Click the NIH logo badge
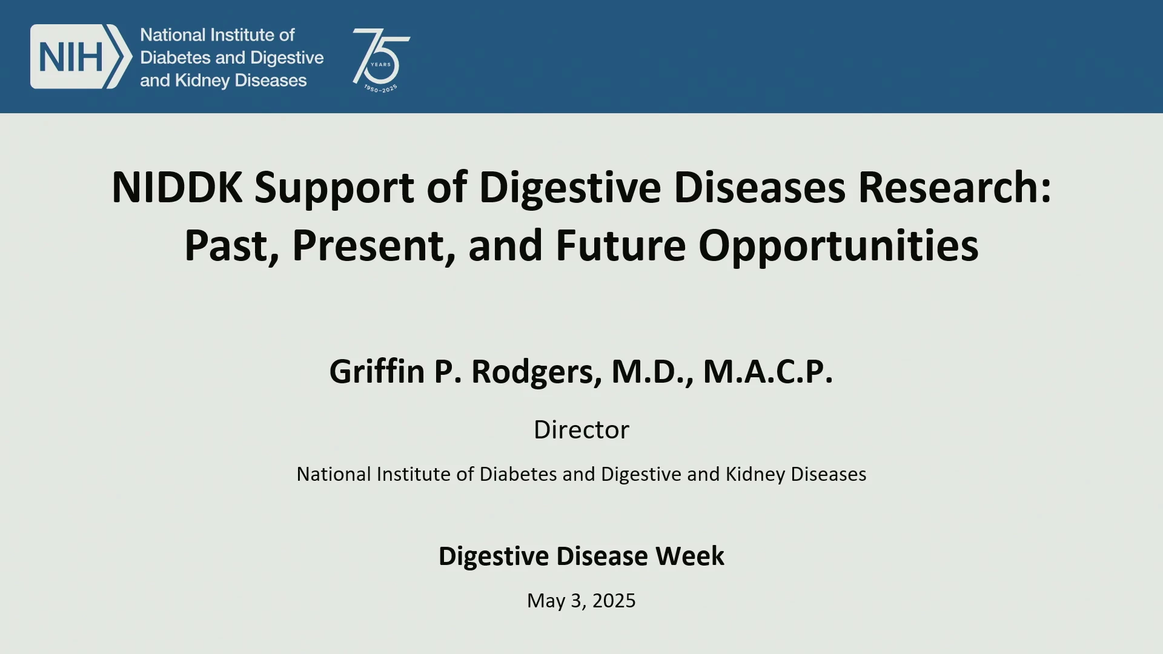(81, 57)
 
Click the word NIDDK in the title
(177, 187)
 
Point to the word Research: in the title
(955, 187)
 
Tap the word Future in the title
(621, 245)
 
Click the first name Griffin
(377, 371)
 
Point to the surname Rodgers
(537, 372)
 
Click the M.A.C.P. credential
(768, 371)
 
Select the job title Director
(581, 429)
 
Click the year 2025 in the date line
(614, 601)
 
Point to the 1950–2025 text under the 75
(380, 89)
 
